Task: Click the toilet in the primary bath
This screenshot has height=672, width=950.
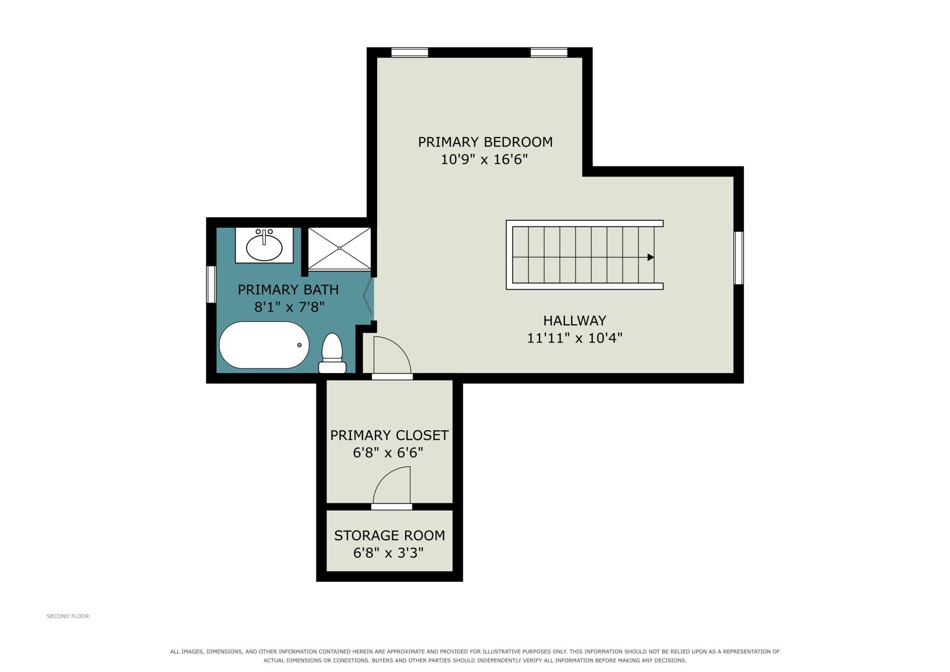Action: (x=332, y=353)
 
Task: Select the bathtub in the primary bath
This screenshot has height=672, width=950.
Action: (x=264, y=345)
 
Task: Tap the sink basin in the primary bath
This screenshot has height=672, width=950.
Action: (x=264, y=248)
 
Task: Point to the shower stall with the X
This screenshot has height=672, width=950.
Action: (x=339, y=248)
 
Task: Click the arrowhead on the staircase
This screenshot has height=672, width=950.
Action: (x=651, y=257)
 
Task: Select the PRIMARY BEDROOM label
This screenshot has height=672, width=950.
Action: (x=485, y=142)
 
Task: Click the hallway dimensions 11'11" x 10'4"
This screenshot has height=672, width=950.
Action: (x=575, y=338)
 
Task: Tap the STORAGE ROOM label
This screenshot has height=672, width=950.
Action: (x=390, y=536)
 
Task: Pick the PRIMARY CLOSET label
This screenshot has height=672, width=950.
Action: (x=390, y=435)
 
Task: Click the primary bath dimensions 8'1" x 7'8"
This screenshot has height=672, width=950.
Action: (x=289, y=307)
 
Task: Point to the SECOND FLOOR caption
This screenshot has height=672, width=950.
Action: (x=68, y=616)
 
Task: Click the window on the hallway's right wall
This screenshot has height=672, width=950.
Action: (x=739, y=258)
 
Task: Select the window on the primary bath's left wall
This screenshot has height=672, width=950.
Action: (x=211, y=284)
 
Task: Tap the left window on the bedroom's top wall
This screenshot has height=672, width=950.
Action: (x=410, y=53)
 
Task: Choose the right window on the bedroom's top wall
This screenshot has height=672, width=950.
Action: (x=549, y=53)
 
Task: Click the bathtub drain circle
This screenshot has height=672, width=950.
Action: (x=300, y=345)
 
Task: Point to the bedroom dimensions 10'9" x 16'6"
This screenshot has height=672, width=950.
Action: (x=484, y=160)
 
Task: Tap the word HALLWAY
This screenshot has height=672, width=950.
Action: (x=575, y=320)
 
